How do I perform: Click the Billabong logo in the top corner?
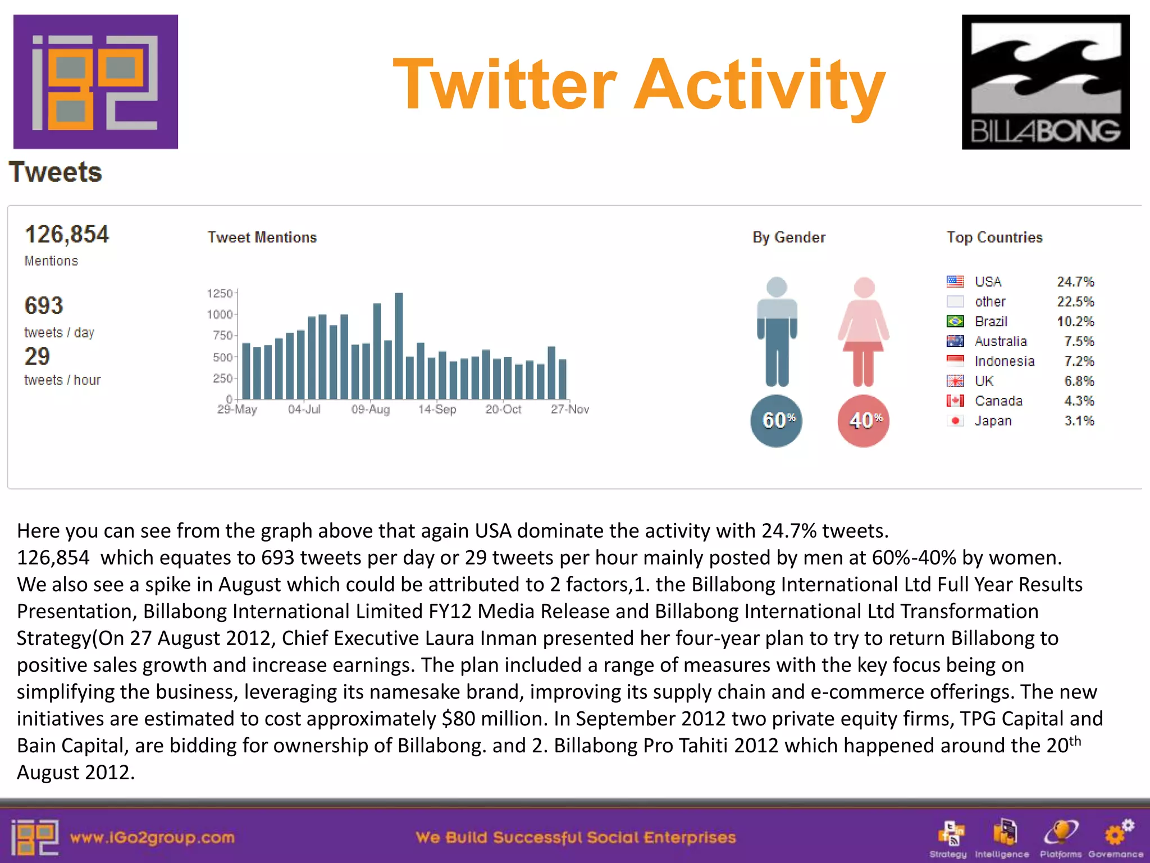(1045, 82)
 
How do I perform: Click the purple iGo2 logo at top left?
(95, 82)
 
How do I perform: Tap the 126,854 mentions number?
(67, 234)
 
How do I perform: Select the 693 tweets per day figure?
(44, 306)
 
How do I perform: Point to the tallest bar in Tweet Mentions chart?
(399, 346)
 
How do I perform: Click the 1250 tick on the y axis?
(220, 293)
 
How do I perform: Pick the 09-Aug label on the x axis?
(371, 410)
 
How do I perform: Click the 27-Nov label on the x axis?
(569, 410)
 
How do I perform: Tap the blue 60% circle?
(776, 420)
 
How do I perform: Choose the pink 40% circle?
(864, 420)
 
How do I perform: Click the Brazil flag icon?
(955, 321)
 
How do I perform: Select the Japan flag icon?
(955, 421)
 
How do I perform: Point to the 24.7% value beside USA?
(1075, 281)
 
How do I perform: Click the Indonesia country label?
(1004, 361)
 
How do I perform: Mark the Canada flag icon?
(955, 401)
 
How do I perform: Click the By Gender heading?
(789, 238)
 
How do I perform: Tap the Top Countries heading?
(994, 238)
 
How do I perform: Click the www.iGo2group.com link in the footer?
(152, 838)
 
